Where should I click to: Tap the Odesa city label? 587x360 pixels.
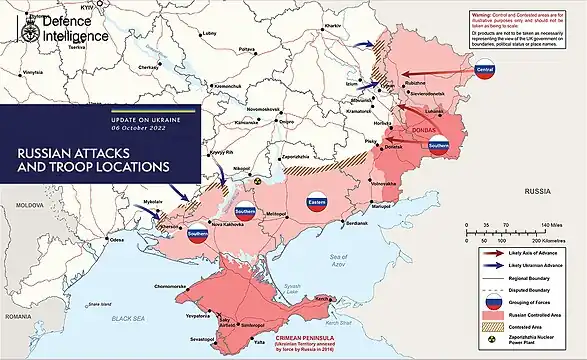click(x=117, y=240)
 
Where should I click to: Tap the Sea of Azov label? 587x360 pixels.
click(x=339, y=261)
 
